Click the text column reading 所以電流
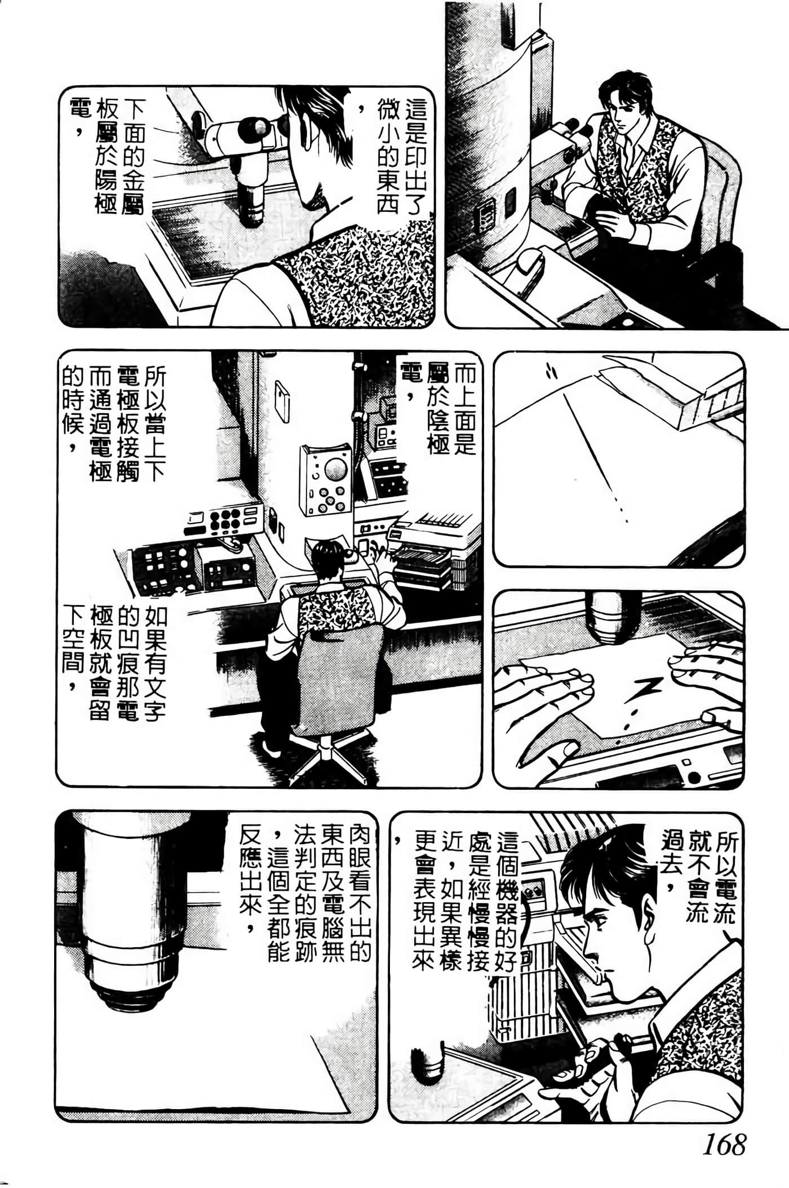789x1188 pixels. click(x=725, y=880)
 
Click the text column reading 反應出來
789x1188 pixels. click(x=250, y=880)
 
